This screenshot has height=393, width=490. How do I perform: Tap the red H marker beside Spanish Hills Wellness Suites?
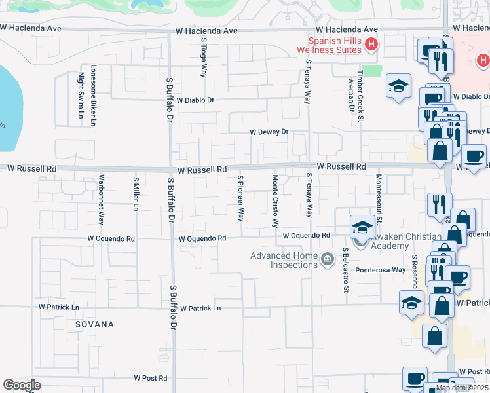coord(371,45)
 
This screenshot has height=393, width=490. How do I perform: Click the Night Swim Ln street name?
coord(81,95)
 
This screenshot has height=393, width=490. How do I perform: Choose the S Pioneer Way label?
coord(240,196)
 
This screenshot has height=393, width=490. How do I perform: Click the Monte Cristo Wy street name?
coord(276,200)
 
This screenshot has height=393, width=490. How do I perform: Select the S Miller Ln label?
coord(136,194)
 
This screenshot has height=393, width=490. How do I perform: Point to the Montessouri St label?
coord(378,196)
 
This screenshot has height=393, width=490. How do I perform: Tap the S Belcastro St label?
coord(343,270)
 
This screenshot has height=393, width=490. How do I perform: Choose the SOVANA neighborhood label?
coord(94,324)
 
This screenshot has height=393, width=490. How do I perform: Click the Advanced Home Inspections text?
coord(284,260)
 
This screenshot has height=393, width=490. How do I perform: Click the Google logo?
coord(22,385)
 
